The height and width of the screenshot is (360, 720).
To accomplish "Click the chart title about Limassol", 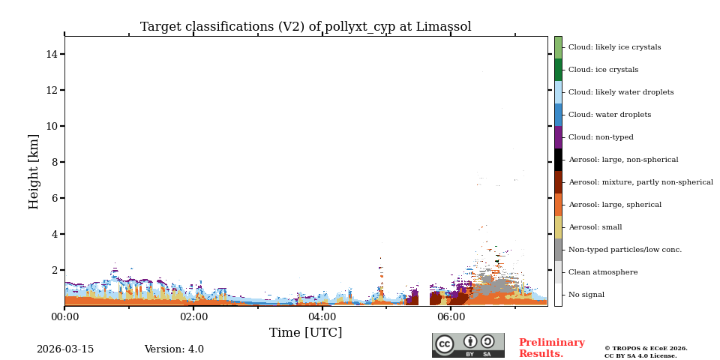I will click(305, 27).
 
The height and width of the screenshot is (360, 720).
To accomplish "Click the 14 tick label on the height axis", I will click(52, 54).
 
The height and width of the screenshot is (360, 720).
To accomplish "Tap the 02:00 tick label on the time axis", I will click(193, 317).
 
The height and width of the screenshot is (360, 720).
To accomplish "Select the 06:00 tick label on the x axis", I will click(451, 317).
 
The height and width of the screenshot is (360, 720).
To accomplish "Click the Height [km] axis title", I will click(34, 171).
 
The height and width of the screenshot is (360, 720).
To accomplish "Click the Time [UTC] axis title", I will click(305, 333).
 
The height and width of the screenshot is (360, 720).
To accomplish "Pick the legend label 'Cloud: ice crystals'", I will click(603, 70).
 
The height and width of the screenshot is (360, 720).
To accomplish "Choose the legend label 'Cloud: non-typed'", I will click(601, 137).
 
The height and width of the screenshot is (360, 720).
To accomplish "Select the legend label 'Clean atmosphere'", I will click(603, 272).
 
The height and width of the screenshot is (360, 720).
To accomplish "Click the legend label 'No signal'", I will click(586, 295).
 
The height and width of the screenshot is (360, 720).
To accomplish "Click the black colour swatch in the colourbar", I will click(558, 160).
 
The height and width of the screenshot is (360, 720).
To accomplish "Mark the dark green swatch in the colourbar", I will click(558, 70).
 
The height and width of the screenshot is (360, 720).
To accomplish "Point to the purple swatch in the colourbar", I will click(558, 137).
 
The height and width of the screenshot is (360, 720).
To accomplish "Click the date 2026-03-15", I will click(65, 349).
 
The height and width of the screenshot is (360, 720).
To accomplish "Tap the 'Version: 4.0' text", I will click(174, 349).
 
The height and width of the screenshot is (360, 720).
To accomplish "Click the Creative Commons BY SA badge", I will click(468, 345).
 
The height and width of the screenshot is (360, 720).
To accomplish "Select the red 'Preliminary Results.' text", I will click(551, 348).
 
